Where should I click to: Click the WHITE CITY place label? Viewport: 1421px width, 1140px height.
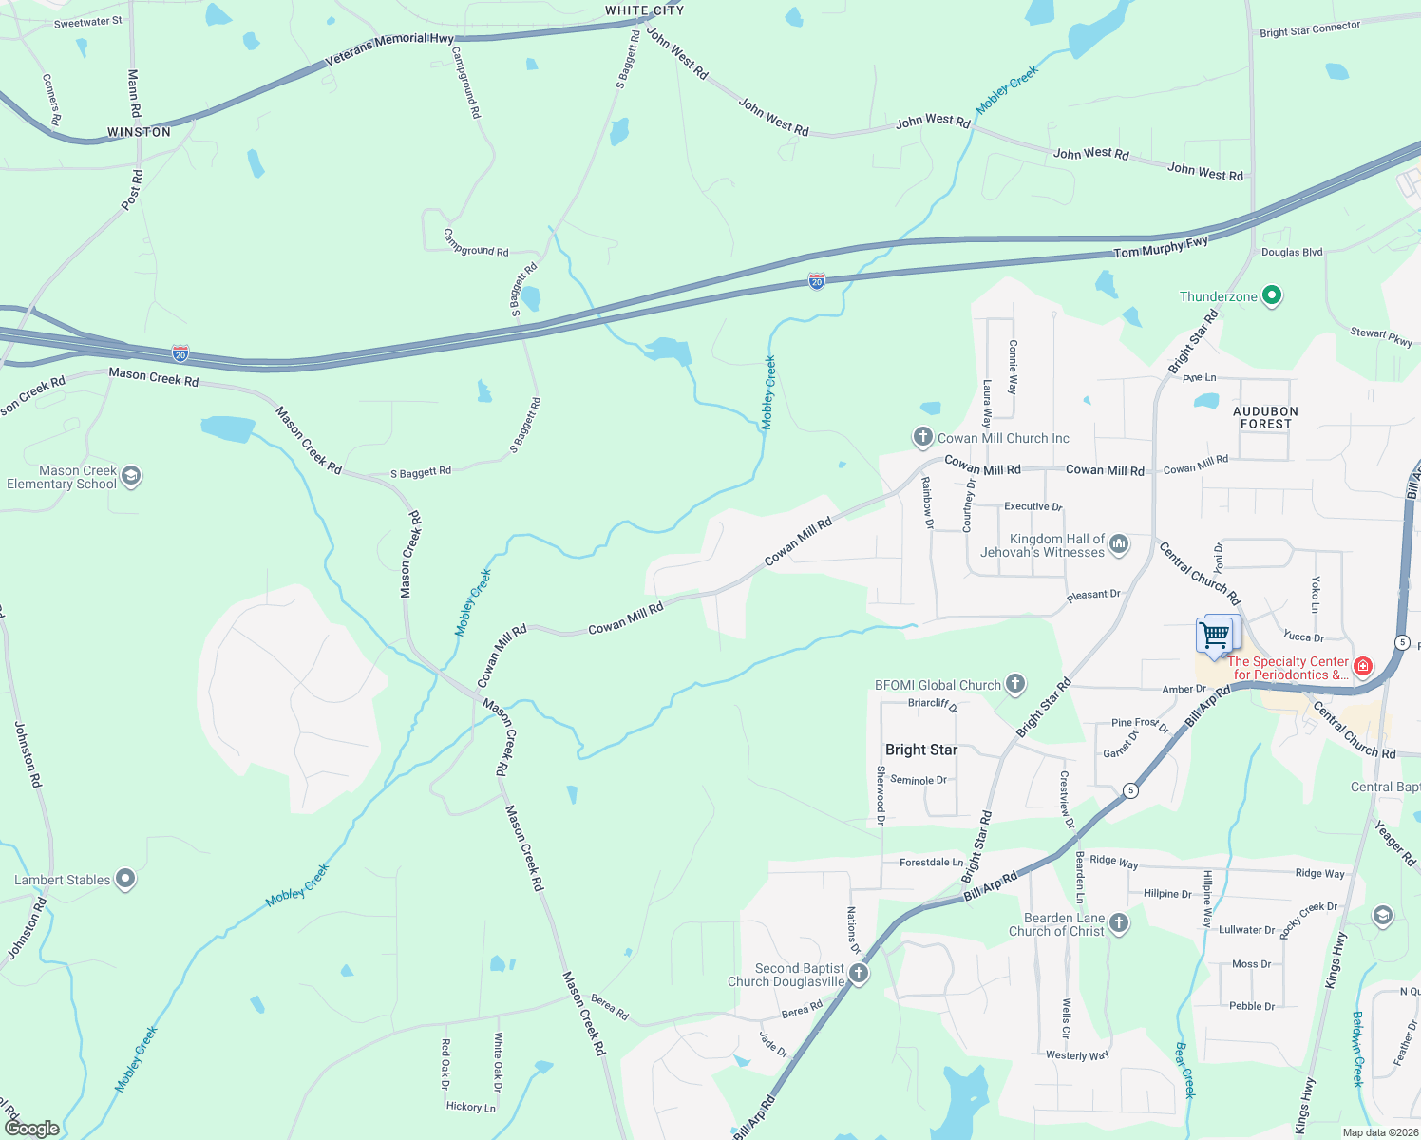[644, 10]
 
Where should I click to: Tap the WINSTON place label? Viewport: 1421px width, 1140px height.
[139, 132]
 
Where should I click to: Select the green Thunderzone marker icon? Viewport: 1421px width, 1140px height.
[1272, 296]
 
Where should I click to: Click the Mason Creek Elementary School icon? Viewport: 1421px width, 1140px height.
[131, 476]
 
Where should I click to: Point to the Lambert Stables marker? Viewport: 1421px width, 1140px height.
[125, 880]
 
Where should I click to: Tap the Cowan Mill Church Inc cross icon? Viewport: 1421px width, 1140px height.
[922, 437]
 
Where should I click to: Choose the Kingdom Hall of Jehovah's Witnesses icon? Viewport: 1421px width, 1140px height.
[1119, 544]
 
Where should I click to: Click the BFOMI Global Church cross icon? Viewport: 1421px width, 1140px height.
[1015, 684]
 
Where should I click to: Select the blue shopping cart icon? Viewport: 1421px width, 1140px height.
[1216, 635]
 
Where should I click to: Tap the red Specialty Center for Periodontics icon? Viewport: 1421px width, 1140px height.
[1363, 667]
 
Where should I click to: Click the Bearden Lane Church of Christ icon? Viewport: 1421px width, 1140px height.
[1119, 923]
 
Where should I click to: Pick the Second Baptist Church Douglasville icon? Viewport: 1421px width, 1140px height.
[859, 974]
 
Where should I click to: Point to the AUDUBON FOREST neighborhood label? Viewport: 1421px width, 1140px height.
[1265, 417]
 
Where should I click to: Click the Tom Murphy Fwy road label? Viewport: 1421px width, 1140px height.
[1161, 247]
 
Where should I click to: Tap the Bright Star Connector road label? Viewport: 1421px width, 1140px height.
[1310, 29]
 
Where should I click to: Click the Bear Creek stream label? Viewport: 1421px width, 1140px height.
[1184, 1071]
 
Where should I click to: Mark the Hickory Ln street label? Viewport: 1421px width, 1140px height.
[471, 1107]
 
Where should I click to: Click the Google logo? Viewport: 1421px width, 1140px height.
[31, 1129]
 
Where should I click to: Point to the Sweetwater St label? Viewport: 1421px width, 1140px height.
[87, 22]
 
